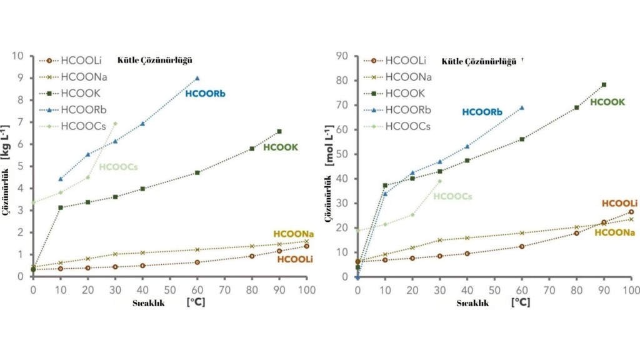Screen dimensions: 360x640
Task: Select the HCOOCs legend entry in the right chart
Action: (x=407, y=126)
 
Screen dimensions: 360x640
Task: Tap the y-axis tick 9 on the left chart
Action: (x=20, y=78)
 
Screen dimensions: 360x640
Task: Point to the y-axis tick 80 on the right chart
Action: (x=342, y=81)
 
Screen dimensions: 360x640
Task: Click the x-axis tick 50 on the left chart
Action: (x=170, y=291)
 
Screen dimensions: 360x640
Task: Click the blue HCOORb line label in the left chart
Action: (x=205, y=94)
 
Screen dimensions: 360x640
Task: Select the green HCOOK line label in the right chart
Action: (x=607, y=102)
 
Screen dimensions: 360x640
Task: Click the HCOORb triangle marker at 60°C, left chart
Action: (x=197, y=78)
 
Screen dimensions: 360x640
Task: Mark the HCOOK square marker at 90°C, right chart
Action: (x=604, y=84)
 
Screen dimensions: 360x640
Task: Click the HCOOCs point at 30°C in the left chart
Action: (x=115, y=123)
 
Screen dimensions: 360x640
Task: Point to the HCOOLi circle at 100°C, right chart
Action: (x=631, y=212)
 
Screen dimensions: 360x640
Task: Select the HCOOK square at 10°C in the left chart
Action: (x=60, y=207)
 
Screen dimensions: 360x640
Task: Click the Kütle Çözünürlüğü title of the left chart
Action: (x=154, y=61)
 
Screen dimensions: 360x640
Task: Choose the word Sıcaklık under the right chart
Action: (x=474, y=302)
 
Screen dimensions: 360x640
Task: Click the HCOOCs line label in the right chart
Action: (x=452, y=196)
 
